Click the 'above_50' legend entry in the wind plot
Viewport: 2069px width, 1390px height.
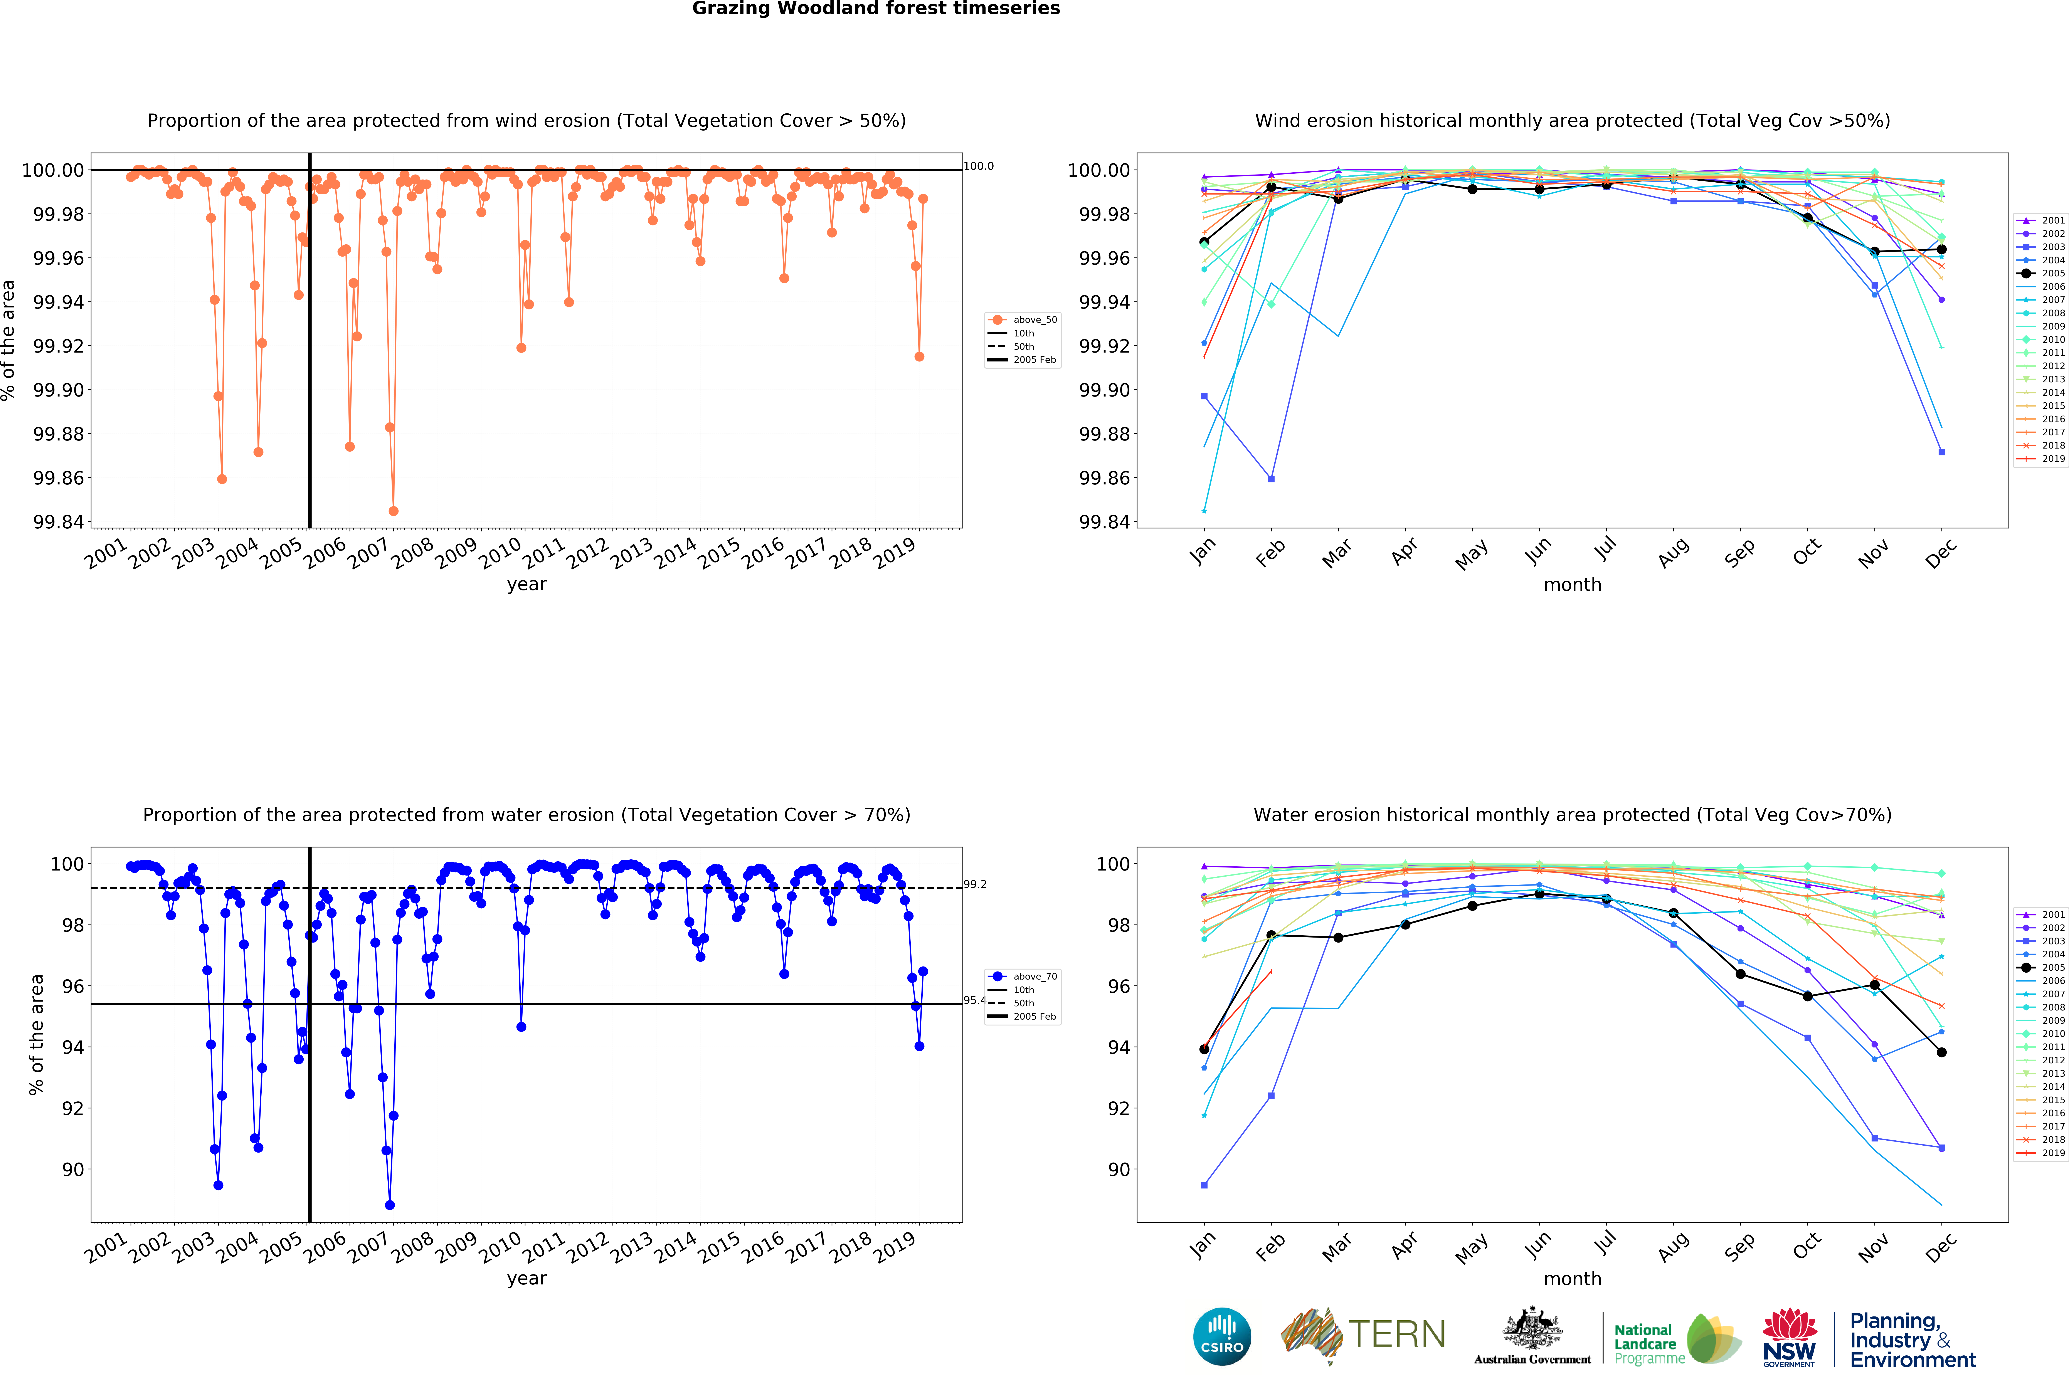(1034, 320)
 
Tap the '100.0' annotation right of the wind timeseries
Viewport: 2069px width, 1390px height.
(979, 166)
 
